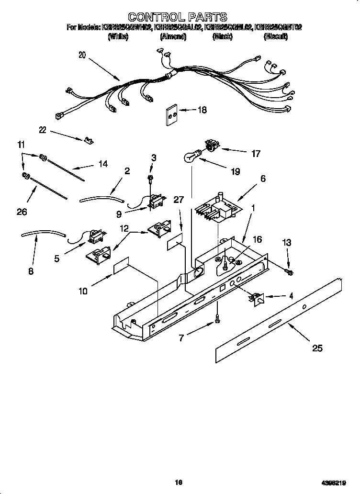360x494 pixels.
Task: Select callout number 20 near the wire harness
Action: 82,55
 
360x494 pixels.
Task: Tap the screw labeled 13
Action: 289,272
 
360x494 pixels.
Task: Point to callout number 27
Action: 178,200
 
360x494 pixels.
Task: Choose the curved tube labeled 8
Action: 43,234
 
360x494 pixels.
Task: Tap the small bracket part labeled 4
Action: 256,300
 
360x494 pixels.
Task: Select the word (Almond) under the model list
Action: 173,36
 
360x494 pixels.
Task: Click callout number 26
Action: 22,211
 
